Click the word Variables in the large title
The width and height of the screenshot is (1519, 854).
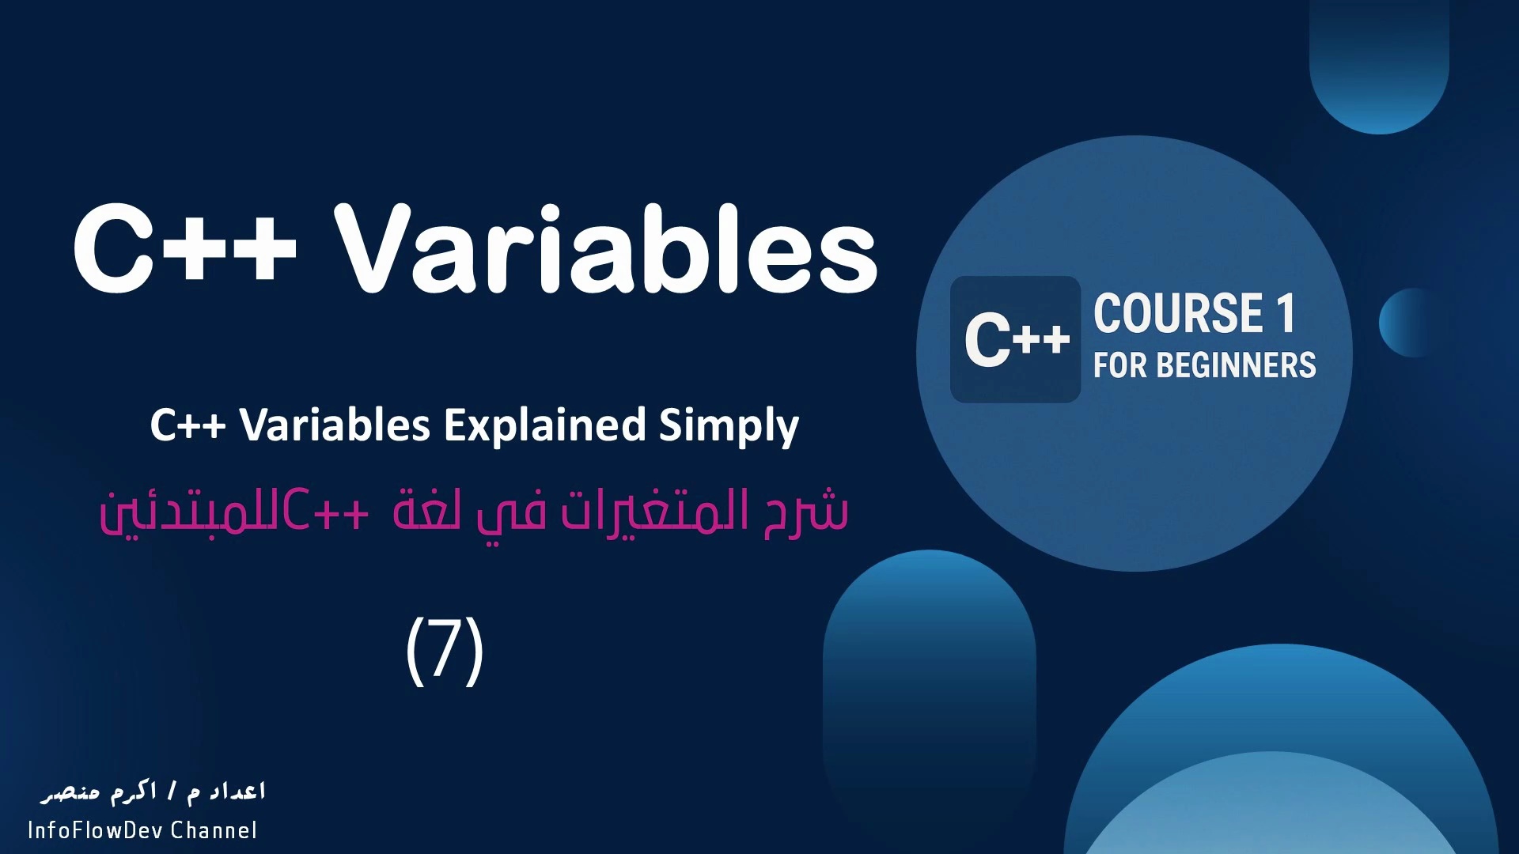606,248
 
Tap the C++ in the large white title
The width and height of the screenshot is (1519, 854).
185,248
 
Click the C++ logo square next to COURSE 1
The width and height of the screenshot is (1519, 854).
1016,339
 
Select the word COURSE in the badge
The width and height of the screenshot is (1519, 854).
1178,313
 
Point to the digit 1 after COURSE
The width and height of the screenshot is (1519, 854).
1286,313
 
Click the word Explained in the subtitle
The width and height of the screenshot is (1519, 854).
545,425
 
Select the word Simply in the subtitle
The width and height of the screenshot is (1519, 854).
729,425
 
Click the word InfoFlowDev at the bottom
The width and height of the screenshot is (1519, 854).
95,830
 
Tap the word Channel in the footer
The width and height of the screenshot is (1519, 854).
214,830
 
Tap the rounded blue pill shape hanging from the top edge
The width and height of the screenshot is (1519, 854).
1379,63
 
